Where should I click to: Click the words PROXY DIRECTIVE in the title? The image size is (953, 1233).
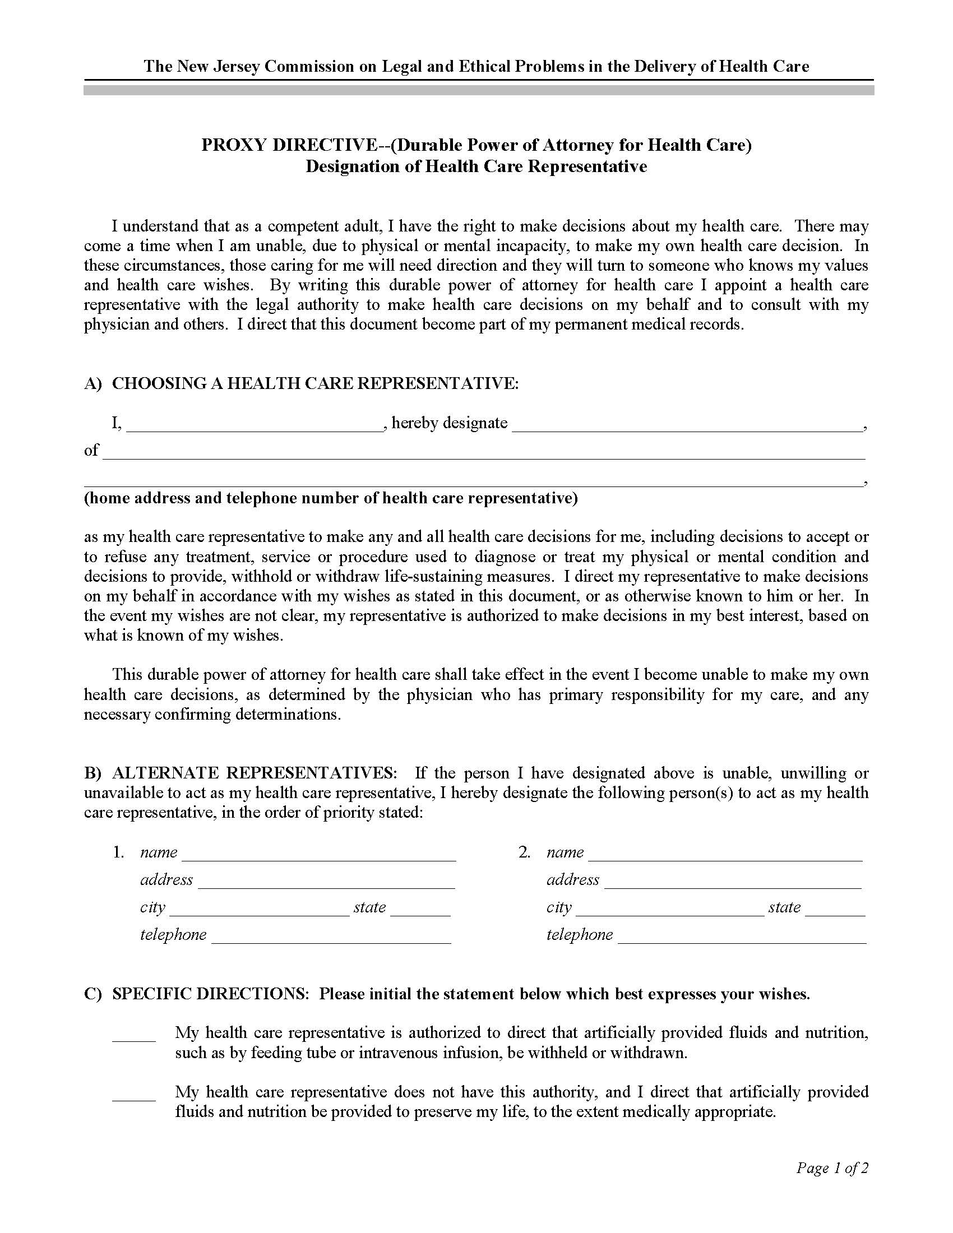pos(285,146)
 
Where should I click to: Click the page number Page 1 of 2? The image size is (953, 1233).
pos(831,1168)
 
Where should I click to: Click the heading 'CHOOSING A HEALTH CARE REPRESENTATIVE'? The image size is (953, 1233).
pos(314,383)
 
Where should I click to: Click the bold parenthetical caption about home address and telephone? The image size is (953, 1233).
pos(330,498)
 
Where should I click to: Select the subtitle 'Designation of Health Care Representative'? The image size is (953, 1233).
pos(476,166)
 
